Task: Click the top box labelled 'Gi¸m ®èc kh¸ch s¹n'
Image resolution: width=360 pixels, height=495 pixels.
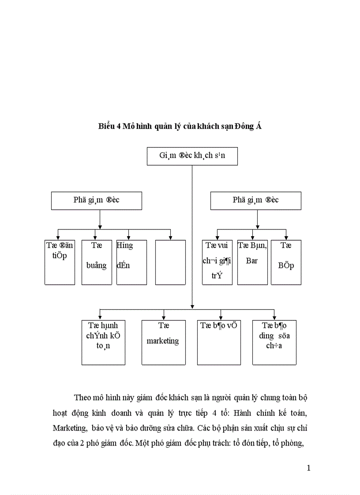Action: pos(192,156)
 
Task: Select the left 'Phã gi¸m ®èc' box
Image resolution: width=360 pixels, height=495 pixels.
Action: pos(97,200)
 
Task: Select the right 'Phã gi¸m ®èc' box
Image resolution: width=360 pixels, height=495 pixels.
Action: pos(255,200)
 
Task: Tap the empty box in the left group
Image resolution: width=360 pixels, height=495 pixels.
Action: pos(170,262)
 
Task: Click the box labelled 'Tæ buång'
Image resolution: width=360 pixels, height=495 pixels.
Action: pos(97,262)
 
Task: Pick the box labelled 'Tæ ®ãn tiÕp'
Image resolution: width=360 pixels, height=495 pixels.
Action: pos(60,262)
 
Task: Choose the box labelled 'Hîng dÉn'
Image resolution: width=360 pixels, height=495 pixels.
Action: pos(131,262)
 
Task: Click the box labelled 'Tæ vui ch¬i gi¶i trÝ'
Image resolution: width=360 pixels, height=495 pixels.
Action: pos(217,262)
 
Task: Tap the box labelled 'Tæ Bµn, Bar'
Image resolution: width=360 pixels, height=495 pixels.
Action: pos(252,262)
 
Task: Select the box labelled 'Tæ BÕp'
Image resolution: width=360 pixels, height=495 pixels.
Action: pos(286,262)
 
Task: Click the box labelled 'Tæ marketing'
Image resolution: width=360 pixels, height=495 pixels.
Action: pos(163,342)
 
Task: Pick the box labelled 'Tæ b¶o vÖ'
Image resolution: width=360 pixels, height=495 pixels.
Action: pos(219,342)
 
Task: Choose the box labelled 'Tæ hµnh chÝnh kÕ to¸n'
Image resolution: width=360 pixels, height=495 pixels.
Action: pos(103,342)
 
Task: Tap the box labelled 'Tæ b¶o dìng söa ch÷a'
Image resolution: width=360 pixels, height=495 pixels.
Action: pos(274,342)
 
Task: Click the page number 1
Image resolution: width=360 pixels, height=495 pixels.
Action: pos(309,468)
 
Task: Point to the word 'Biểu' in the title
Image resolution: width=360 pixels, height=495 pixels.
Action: pos(106,127)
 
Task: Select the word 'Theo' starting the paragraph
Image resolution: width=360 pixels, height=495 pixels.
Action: pos(82,398)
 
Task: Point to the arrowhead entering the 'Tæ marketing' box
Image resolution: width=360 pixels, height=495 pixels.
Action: pos(164,317)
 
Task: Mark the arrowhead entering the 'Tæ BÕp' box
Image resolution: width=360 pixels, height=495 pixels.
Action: pos(286,238)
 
